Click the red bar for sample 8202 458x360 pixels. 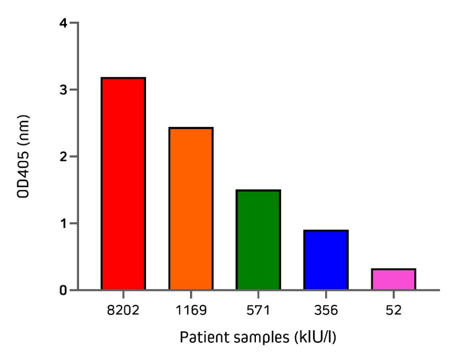(x=123, y=183)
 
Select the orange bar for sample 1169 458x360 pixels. (x=191, y=208)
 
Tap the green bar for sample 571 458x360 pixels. (x=258, y=239)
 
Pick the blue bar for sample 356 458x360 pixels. (x=326, y=260)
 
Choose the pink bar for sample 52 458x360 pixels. (x=393, y=279)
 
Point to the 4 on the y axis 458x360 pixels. (x=63, y=23)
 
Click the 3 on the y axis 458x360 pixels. (x=63, y=90)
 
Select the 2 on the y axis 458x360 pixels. (x=63, y=157)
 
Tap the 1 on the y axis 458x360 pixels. (x=63, y=223)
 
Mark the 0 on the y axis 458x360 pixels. (x=63, y=290)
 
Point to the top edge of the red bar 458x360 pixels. (x=123, y=78)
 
